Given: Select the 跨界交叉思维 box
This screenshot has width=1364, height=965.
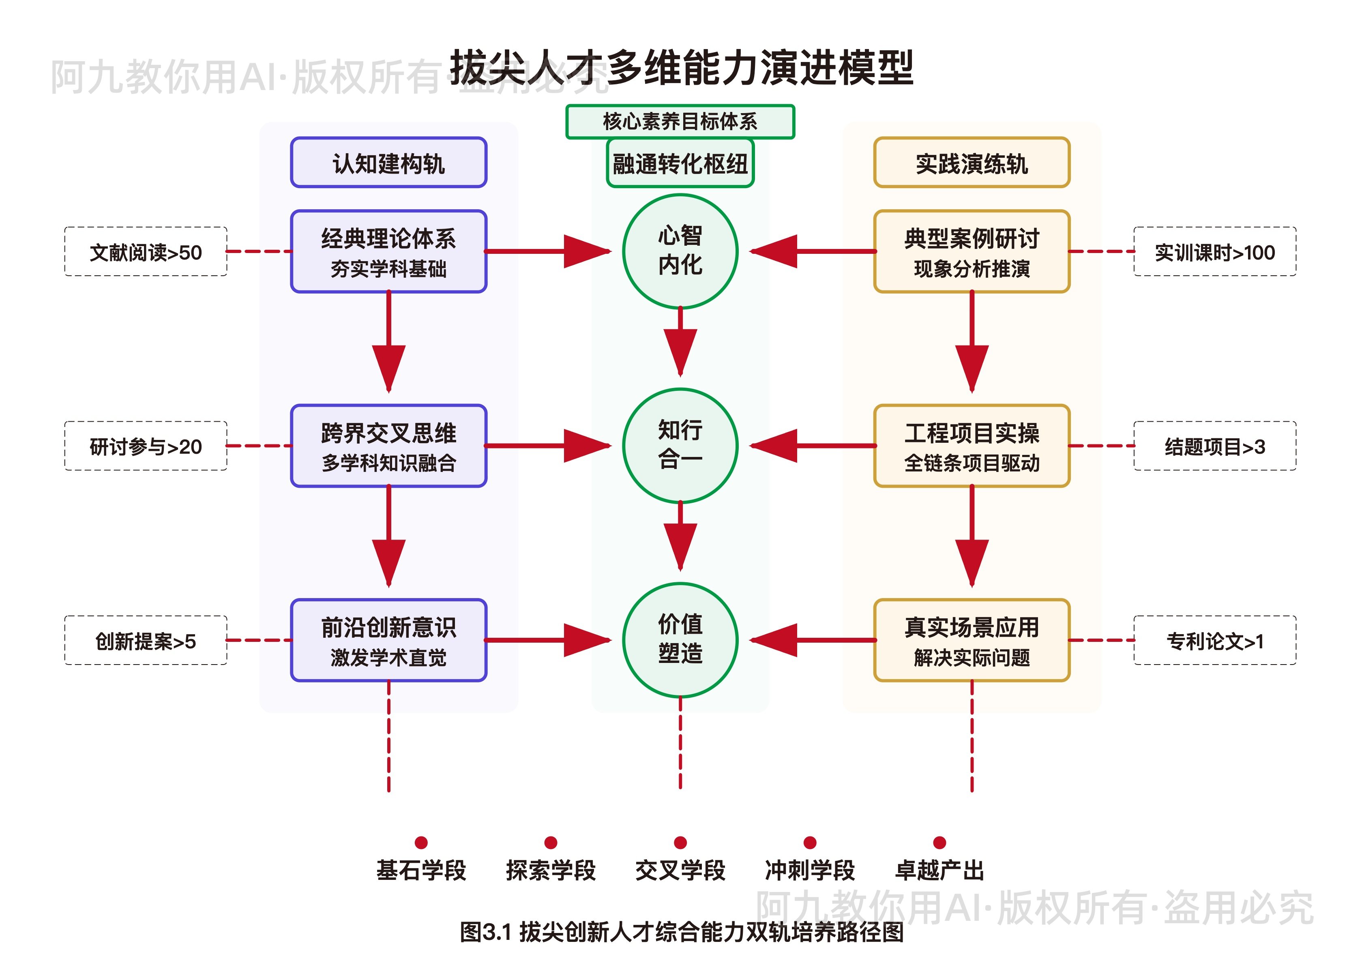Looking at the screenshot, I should click(388, 445).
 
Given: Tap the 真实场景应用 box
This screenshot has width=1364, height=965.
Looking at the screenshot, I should click(972, 639).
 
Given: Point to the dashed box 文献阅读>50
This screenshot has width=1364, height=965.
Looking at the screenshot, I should click(146, 251).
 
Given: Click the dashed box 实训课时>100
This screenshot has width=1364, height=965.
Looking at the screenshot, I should click(1214, 251).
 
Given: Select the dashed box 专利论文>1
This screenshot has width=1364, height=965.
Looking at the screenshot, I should click(1214, 640).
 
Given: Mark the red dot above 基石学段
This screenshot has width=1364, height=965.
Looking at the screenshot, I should click(421, 842).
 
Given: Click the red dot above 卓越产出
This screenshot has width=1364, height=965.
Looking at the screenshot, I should click(939, 842).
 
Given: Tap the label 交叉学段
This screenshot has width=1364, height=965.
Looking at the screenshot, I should click(680, 870).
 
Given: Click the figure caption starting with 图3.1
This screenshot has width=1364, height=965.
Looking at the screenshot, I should click(682, 931).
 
